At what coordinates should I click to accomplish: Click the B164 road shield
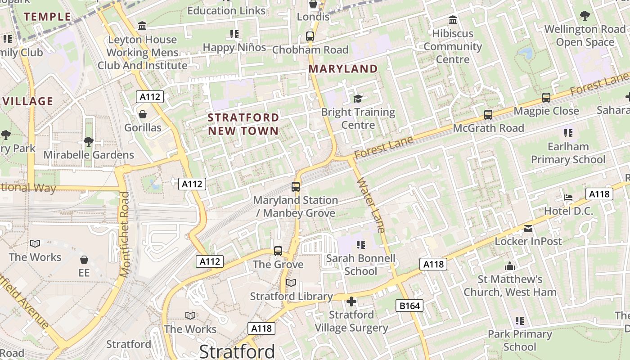(x=409, y=306)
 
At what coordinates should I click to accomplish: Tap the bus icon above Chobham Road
(x=310, y=36)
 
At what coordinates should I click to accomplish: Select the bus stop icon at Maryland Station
(x=296, y=186)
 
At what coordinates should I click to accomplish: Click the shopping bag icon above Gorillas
(x=143, y=114)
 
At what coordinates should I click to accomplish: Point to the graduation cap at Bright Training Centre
(x=358, y=99)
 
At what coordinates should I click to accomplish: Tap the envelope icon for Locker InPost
(x=528, y=229)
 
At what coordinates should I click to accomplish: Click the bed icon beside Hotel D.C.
(x=568, y=198)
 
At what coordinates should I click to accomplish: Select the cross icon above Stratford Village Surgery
(x=351, y=301)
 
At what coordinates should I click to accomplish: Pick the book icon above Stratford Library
(x=291, y=283)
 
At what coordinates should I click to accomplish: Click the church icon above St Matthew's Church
(x=510, y=266)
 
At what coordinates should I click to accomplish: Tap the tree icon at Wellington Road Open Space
(x=585, y=16)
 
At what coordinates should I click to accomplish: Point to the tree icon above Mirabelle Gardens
(x=89, y=142)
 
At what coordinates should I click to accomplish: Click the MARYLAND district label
(x=343, y=69)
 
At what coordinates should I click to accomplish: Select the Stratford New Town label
(x=243, y=124)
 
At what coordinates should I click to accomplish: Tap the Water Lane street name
(x=371, y=205)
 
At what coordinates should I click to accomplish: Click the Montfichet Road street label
(x=125, y=234)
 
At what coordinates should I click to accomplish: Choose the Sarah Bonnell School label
(x=360, y=265)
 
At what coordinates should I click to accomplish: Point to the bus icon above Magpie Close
(x=546, y=97)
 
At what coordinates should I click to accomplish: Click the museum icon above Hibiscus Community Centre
(x=453, y=20)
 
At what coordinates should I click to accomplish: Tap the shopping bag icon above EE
(x=84, y=260)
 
